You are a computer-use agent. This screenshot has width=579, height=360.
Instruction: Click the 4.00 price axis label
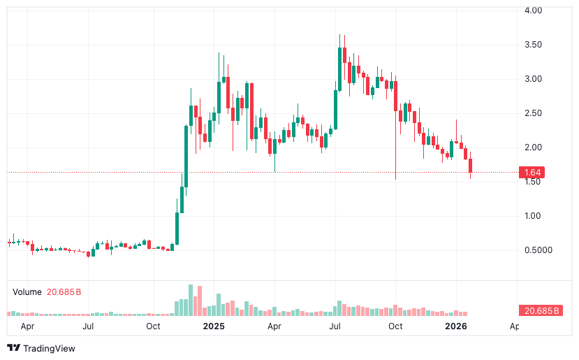point(534,10)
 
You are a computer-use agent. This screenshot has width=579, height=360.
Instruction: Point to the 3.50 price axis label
point(534,45)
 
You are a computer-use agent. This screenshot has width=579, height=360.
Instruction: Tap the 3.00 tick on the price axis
point(534,79)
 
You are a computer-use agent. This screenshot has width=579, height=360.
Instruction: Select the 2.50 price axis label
point(534,113)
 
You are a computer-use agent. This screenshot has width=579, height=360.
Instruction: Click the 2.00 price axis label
point(534,147)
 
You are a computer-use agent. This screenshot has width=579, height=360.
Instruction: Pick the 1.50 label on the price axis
point(534,182)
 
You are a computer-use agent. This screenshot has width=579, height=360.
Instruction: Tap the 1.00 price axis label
point(534,216)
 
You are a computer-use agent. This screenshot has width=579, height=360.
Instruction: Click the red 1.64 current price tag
point(533,172)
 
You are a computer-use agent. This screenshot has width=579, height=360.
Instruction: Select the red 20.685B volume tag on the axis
point(541,310)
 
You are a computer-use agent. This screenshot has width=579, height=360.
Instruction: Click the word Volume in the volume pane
point(27,291)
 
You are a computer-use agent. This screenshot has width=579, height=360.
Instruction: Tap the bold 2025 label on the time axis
point(213,326)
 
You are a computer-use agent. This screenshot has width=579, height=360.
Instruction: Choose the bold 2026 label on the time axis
point(456,326)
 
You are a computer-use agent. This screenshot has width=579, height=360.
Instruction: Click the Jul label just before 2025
point(89,326)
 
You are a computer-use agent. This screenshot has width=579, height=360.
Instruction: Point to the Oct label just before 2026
point(395,326)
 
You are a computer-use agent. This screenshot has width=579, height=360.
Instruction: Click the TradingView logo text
point(49,348)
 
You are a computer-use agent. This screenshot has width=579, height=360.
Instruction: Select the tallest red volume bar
point(199,301)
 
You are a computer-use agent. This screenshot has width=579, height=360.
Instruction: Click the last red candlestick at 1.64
point(471,166)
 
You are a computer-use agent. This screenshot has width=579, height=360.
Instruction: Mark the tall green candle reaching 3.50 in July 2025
point(339,64)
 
